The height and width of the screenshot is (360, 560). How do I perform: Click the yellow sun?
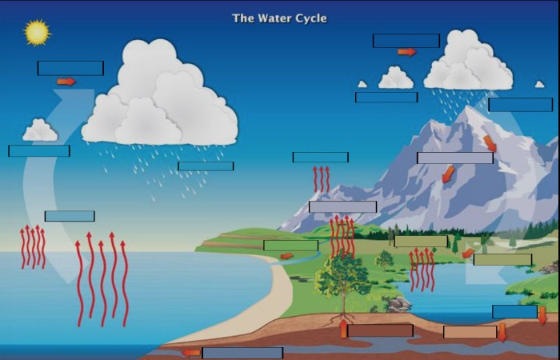pos(37,33)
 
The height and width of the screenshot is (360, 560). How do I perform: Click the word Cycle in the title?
pos(310,18)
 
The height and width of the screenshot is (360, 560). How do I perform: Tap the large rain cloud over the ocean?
pos(159,94)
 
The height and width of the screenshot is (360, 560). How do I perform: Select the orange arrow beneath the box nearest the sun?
pos(66,82)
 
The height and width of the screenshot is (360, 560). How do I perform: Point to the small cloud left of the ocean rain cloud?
pos(40,130)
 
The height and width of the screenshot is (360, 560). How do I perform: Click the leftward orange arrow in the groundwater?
pos(191,353)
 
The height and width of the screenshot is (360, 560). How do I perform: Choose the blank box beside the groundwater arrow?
pos(242,353)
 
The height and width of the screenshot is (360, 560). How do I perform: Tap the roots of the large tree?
pos(342,318)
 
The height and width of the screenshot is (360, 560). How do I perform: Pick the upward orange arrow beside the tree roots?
pos(343,329)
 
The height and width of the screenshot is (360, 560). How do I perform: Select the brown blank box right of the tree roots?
pos(380,330)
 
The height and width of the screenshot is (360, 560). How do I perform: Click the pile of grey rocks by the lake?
pos(398,304)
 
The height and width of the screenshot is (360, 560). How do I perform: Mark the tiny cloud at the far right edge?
pos(540,84)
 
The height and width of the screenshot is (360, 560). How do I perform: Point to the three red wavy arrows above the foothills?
pos(322,179)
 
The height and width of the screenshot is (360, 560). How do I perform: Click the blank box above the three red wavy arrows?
pos(320,157)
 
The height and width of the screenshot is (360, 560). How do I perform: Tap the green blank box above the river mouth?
pos(290,246)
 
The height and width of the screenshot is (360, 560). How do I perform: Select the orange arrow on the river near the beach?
pos(286,256)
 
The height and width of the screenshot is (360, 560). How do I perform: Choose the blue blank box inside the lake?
pos(514,311)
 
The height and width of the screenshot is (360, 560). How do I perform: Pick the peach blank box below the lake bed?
pos(470,332)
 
